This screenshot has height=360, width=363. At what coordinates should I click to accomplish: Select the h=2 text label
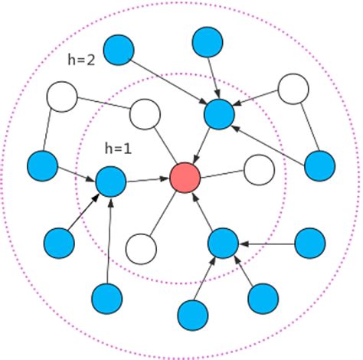80,61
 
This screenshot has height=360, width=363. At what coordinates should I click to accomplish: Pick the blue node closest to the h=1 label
111,182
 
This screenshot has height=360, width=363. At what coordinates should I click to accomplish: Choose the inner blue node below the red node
224,243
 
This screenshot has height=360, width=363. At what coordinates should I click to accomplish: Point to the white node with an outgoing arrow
293,89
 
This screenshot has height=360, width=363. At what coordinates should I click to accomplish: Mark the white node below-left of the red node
141,249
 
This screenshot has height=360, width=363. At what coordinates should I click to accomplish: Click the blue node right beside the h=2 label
119,50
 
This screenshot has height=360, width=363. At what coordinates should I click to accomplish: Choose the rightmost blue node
319,165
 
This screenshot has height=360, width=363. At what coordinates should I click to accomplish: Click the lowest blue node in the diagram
193,314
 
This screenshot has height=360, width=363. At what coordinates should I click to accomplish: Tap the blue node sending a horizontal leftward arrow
310,243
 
